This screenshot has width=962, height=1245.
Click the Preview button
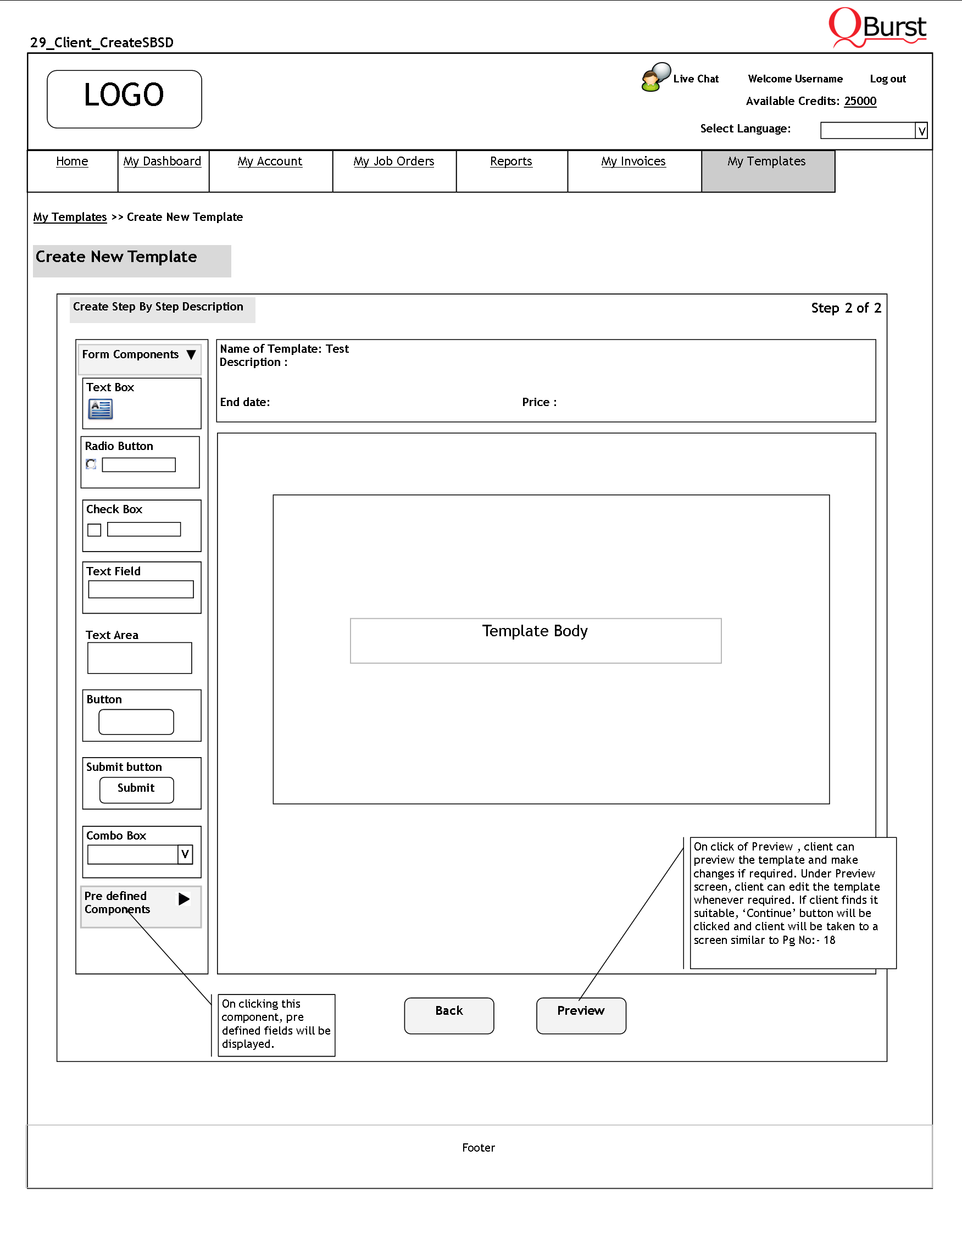pyautogui.click(x=581, y=1015)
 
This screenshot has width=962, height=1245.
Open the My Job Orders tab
pyautogui.click(x=393, y=162)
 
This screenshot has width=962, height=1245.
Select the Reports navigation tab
pyautogui.click(x=510, y=162)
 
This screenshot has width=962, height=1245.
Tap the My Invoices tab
pyautogui.click(x=633, y=162)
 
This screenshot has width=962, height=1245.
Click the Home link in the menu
pyautogui.click(x=72, y=162)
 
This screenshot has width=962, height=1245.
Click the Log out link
pyautogui.click(x=887, y=79)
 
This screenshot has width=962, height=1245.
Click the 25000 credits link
pyautogui.click(x=860, y=102)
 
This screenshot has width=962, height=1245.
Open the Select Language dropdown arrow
pyautogui.click(x=921, y=131)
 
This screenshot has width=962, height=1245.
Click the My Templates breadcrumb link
pyautogui.click(x=70, y=217)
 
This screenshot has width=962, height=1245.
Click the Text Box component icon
pyautogui.click(x=101, y=409)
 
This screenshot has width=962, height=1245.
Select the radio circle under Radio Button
pyautogui.click(x=91, y=464)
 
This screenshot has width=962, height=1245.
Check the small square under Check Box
pyautogui.click(x=94, y=530)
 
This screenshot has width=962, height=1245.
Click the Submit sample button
pyautogui.click(x=137, y=789)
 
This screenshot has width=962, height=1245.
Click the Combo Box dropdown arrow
pyautogui.click(x=185, y=854)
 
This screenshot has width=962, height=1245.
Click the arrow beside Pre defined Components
pyautogui.click(x=184, y=899)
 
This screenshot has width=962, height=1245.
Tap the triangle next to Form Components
pyautogui.click(x=192, y=354)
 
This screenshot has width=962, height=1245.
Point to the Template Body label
pyautogui.click(x=535, y=631)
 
